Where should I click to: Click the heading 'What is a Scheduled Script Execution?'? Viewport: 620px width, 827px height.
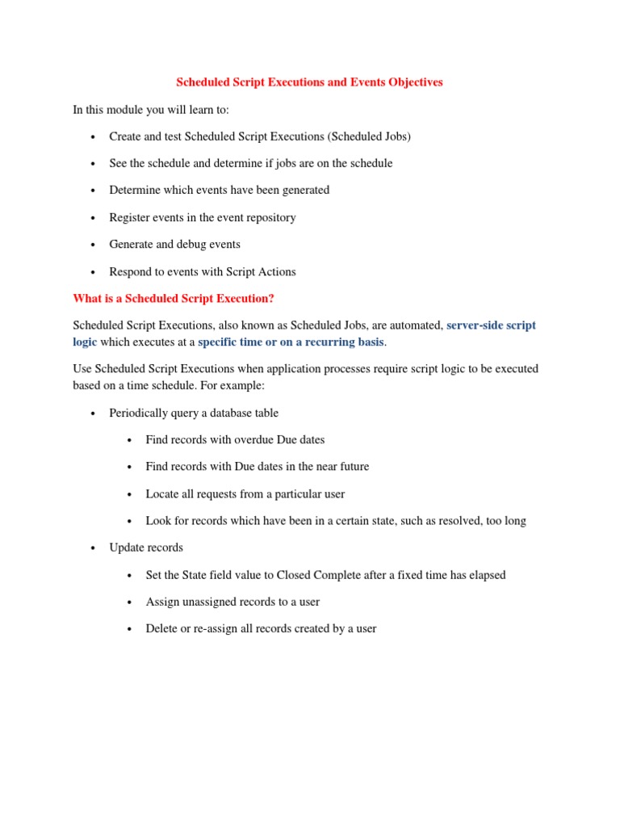point(174,299)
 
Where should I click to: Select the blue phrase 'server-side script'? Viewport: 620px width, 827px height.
point(491,325)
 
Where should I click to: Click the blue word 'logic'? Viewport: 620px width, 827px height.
point(85,342)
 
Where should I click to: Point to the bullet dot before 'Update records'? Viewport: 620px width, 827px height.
point(93,548)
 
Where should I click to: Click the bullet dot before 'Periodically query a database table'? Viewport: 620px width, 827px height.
point(93,413)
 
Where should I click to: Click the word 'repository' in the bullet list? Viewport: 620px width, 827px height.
point(268,217)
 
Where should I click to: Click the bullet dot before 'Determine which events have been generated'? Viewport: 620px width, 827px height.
point(93,191)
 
